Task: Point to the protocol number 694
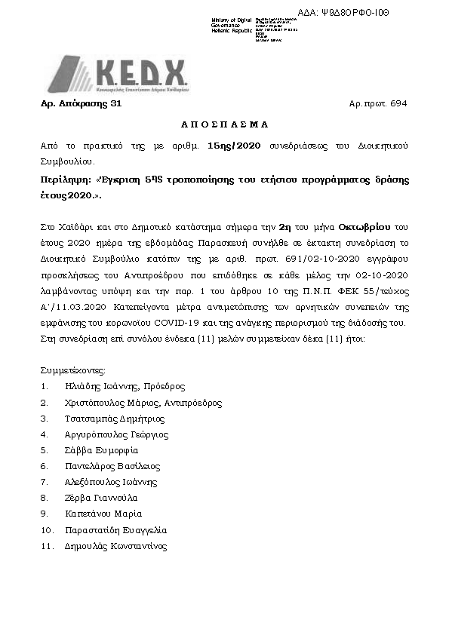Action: [x=399, y=103]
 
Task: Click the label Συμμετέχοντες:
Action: [x=73, y=370]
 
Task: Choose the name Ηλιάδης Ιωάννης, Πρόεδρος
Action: [x=125, y=387]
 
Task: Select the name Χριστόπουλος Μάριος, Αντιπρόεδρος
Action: [x=143, y=403]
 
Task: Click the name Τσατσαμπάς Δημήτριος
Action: [x=115, y=419]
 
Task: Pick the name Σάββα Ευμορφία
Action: [x=102, y=450]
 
